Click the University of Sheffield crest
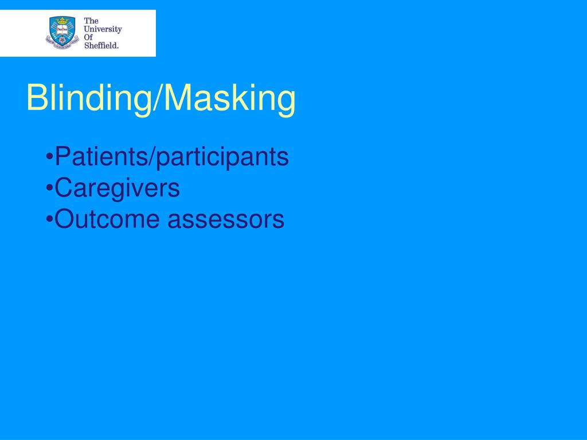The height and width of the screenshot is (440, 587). (62, 32)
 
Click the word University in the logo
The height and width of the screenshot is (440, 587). (103, 29)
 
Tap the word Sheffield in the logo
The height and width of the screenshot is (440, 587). (101, 46)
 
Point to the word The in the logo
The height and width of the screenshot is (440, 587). (91, 21)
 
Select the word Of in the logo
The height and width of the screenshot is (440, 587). (89, 38)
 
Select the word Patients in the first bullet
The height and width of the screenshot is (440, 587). (101, 156)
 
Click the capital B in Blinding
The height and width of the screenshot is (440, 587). (36, 99)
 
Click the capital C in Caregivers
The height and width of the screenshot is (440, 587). (64, 188)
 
